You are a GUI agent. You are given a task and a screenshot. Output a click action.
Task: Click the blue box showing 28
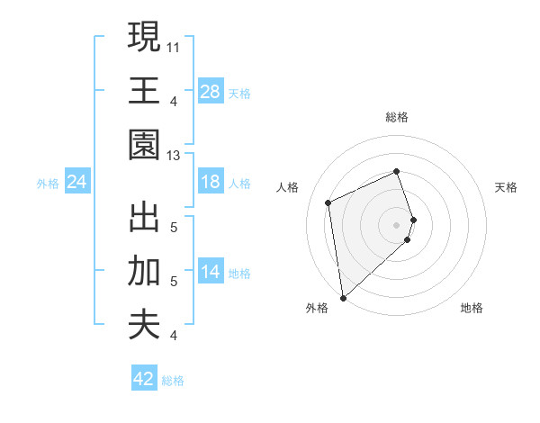coord(211,91)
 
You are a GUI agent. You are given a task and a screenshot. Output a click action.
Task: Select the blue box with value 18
coord(211,183)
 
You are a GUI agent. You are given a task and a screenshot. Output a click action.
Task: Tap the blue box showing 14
coord(211,272)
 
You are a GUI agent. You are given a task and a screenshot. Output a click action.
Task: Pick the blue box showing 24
coord(77,183)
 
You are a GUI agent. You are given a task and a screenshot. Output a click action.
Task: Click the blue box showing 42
coord(144,379)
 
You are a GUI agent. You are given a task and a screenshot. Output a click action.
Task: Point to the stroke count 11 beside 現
coord(173,46)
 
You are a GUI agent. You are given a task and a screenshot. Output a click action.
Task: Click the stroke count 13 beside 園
coord(173,156)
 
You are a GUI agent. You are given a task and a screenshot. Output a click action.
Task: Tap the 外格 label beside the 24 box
coord(48,184)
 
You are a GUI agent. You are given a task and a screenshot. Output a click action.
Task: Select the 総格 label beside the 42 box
coord(173,381)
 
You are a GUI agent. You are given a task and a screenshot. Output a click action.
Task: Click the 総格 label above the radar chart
coord(397,117)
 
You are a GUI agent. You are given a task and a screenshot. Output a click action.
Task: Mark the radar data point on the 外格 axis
coord(343,297)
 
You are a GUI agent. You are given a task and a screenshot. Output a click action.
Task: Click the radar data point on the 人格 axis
coord(328,202)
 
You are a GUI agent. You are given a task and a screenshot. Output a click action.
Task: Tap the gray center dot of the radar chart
coord(397,224)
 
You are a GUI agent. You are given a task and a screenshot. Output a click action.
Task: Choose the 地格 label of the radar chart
coord(472,309)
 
